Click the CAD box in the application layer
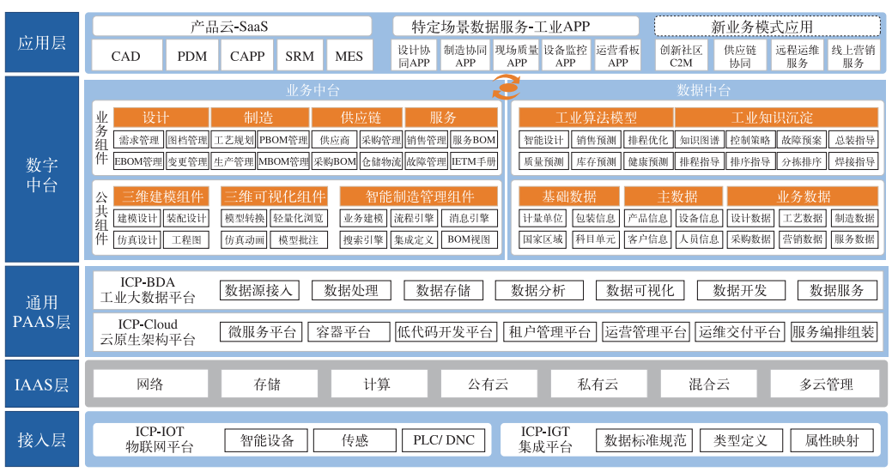tap(125, 57)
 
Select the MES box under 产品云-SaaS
tap(349, 57)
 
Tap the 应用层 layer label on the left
tap(42, 42)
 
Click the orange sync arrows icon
tap(505, 87)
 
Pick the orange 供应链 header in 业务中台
tap(356, 118)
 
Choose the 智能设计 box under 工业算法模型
tap(543, 140)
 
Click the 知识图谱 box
tap(699, 140)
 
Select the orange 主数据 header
tap(672, 197)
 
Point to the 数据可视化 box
tap(640, 290)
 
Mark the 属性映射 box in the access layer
tap(831, 440)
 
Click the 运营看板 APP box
tap(618, 57)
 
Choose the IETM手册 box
tap(474, 161)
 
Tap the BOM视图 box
tap(470, 240)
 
